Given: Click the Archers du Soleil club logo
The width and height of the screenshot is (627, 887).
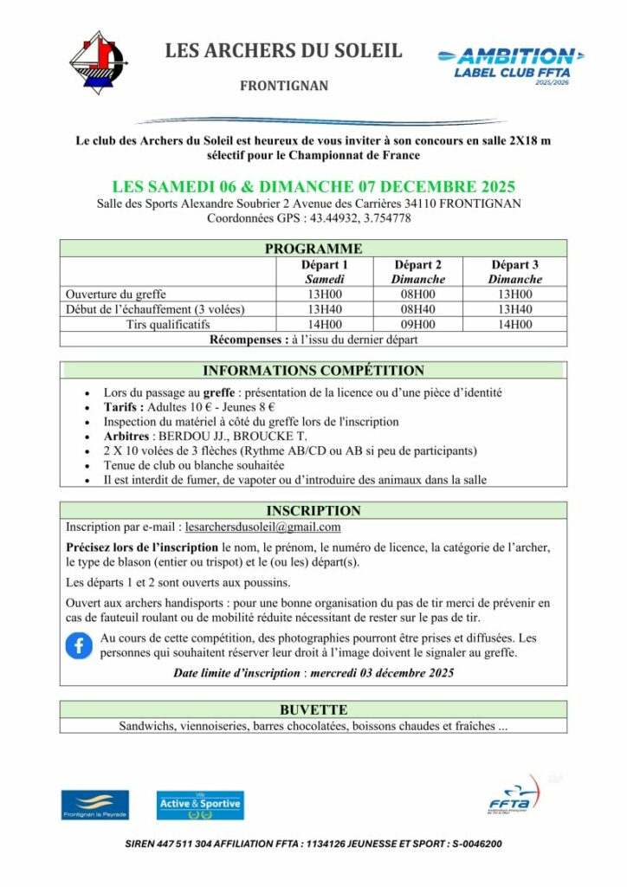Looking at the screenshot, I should pyautogui.click(x=97, y=62).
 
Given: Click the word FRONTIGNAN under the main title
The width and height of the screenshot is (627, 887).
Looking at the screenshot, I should pyautogui.click(x=283, y=87).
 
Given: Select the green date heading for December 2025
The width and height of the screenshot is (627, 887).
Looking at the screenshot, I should pyautogui.click(x=313, y=187).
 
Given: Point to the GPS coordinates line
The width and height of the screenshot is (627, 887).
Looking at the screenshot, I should pyautogui.click(x=308, y=218).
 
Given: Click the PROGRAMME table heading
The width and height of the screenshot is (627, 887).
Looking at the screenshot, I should pyautogui.click(x=313, y=249).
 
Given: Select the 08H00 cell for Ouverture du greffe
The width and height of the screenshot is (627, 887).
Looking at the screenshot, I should pyautogui.click(x=419, y=295).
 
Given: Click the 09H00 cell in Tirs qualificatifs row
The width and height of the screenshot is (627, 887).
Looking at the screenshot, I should pyautogui.click(x=419, y=325).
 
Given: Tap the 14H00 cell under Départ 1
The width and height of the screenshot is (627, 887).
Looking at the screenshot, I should pyautogui.click(x=325, y=325).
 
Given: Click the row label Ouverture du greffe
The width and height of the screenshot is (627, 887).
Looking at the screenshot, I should pyautogui.click(x=116, y=295).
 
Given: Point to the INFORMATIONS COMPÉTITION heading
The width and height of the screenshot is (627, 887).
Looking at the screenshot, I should pyautogui.click(x=313, y=371).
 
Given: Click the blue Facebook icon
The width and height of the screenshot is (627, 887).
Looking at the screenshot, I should pyautogui.click(x=79, y=645).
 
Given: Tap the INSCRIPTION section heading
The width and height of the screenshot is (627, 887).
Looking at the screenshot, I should pyautogui.click(x=313, y=511).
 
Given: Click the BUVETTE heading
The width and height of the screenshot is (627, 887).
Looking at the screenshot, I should pyautogui.click(x=313, y=709).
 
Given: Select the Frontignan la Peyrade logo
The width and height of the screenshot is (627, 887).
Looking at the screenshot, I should pyautogui.click(x=94, y=805).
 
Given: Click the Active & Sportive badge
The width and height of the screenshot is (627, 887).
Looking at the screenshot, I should pyautogui.click(x=200, y=805).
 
